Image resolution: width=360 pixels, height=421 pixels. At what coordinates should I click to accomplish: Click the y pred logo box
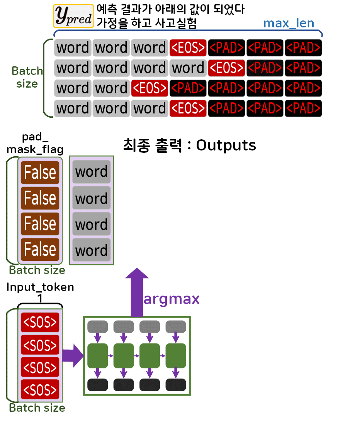[73, 15]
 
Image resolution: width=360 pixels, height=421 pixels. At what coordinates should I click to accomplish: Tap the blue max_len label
[289, 23]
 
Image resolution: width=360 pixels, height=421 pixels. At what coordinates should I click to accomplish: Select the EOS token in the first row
[188, 48]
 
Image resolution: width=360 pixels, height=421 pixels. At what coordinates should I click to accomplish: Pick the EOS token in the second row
[226, 68]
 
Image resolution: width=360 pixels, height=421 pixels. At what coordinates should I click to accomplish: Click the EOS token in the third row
[149, 88]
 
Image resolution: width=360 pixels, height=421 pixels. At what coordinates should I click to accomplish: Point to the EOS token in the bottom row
[188, 108]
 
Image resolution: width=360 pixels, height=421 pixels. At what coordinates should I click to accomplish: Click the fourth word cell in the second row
[188, 68]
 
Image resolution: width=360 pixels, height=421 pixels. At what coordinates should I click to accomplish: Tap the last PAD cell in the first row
[303, 48]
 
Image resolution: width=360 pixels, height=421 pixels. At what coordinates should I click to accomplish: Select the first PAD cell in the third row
[188, 88]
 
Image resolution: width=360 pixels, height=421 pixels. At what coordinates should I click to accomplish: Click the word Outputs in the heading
[226, 145]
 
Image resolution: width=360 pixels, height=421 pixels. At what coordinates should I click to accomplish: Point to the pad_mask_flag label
[35, 144]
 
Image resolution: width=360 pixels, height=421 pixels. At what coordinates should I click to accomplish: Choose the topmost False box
[40, 172]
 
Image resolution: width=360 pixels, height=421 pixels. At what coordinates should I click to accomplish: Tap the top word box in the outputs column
[92, 172]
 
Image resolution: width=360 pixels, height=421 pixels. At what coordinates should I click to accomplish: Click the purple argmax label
[172, 299]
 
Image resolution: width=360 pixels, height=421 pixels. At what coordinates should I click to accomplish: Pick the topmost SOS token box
[40, 323]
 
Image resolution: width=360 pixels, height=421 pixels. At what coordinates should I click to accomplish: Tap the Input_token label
[40, 287]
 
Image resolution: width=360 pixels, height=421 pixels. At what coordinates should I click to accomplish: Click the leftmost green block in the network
[97, 355]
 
